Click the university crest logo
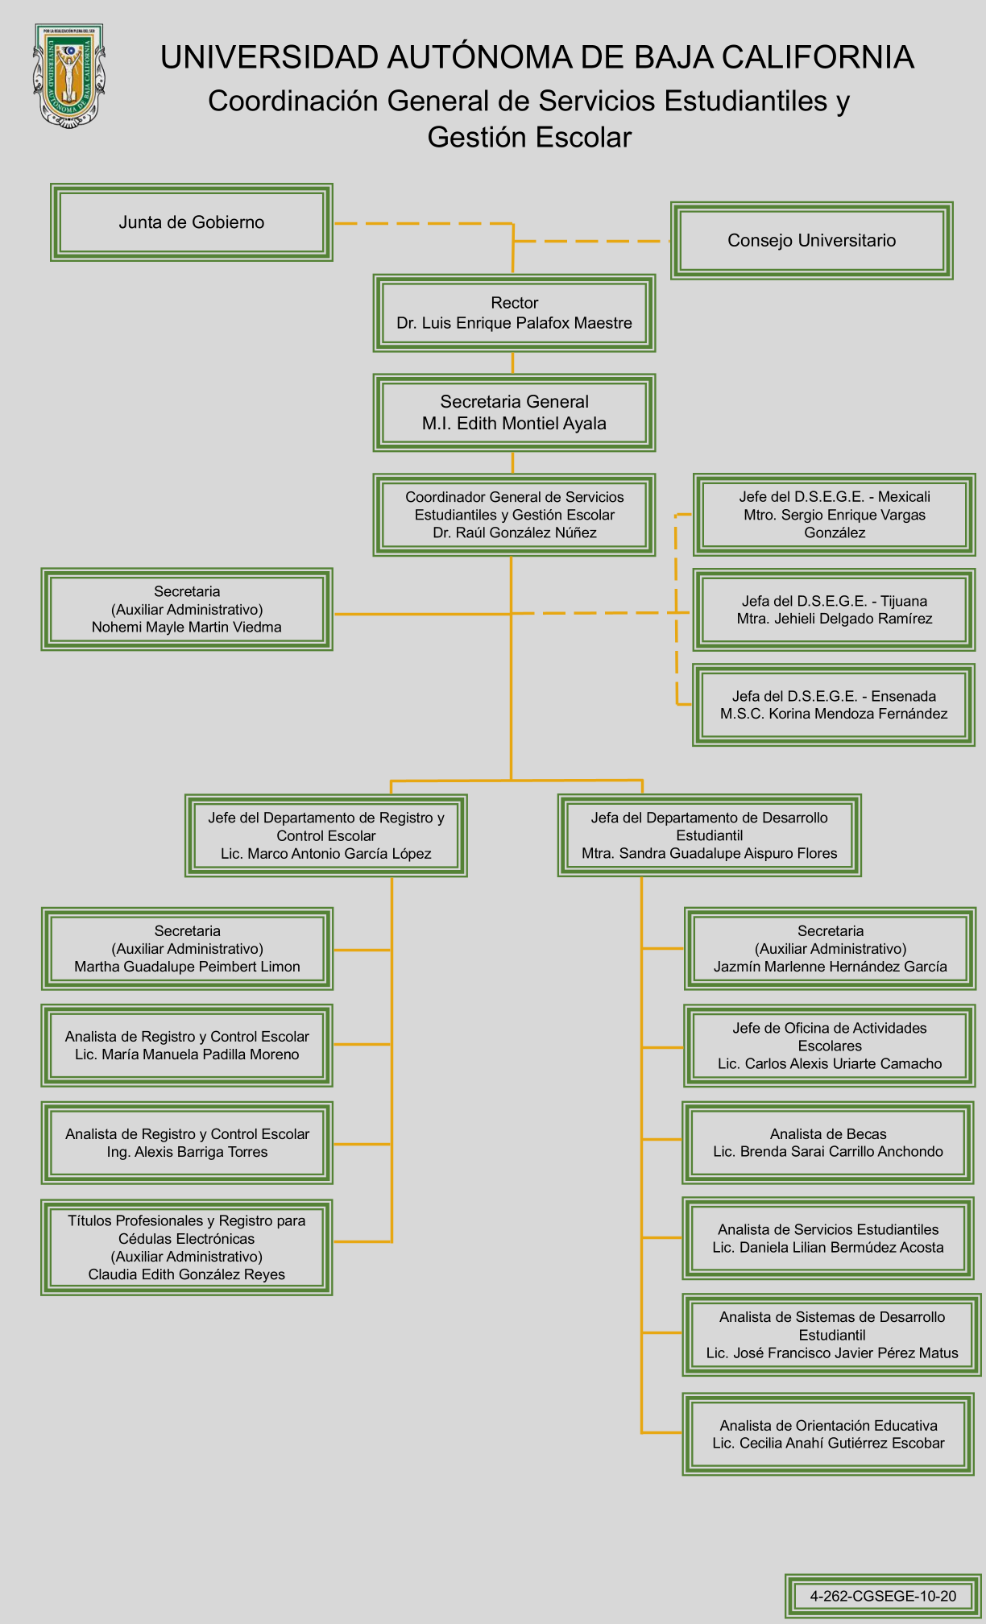68,74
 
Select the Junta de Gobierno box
192,222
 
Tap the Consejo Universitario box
811,240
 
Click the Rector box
514,313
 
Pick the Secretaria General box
514,412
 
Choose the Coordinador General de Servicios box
514,515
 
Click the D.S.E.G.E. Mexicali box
834,515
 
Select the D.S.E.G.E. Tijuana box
834,610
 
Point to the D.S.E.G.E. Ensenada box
834,705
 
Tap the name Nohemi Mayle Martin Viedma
187,628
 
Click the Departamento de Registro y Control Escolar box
326,835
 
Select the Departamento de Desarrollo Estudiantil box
709,835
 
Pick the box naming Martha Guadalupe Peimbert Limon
187,949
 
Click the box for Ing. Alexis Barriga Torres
187,1143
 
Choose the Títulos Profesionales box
187,1247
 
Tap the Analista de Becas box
828,1143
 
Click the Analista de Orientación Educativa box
828,1434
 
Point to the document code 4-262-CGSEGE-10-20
883,1596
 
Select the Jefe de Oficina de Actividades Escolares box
830,1046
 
